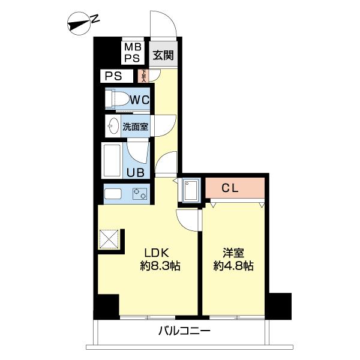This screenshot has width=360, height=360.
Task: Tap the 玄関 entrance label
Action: (x=163, y=56)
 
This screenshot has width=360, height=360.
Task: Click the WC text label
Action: (x=140, y=100)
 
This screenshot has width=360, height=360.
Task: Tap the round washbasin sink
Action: (x=113, y=126)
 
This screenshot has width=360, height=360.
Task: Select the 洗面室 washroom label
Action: (x=136, y=127)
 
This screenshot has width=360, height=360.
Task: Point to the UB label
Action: (x=134, y=173)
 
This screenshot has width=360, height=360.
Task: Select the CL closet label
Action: (x=230, y=188)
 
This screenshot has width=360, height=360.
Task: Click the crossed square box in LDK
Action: (x=110, y=240)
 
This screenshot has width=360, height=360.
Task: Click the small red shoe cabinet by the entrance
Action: (x=143, y=76)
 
